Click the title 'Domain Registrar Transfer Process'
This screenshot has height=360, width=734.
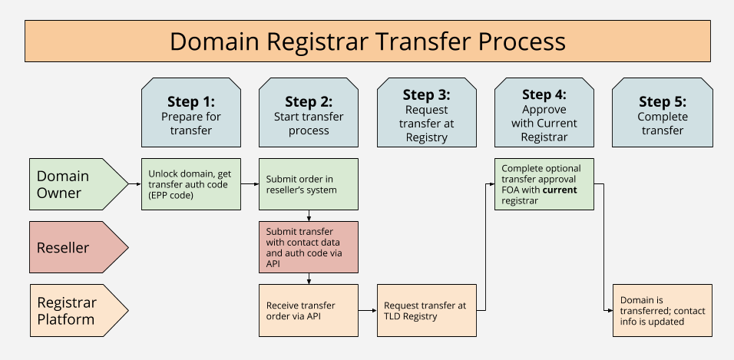click(x=367, y=41)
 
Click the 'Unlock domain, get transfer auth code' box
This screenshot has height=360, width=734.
click(x=191, y=184)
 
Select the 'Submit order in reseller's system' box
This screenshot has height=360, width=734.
click(x=309, y=184)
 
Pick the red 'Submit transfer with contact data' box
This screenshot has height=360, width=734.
click(x=309, y=247)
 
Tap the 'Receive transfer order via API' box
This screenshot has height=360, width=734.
click(x=309, y=310)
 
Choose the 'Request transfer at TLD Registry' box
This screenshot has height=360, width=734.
click(x=426, y=310)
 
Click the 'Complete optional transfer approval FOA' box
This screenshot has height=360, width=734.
click(x=544, y=184)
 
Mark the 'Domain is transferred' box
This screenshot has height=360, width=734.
click(x=662, y=310)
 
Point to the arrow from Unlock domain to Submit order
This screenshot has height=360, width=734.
click(x=250, y=184)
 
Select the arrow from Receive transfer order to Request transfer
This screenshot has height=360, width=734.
click(x=368, y=310)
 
